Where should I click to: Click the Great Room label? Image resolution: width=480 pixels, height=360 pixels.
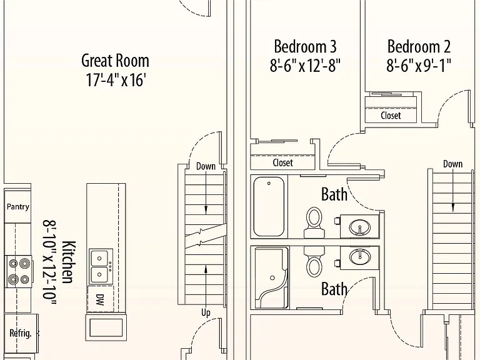[115, 61]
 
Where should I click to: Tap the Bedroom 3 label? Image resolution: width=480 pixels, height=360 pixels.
[305, 46]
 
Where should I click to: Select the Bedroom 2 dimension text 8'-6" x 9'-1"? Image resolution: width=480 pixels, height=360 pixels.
[419, 65]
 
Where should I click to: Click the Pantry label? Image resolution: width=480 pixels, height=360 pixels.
[18, 207]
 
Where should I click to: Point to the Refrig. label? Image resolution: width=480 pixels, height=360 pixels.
[21, 333]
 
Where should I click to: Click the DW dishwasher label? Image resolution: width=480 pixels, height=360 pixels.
[100, 300]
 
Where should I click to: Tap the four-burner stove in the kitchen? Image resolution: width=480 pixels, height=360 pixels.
[19, 271]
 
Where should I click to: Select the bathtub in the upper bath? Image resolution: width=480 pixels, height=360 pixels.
[269, 207]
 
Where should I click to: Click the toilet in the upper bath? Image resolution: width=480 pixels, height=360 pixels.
[314, 222]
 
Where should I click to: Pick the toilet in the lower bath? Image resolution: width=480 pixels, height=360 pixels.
[314, 261]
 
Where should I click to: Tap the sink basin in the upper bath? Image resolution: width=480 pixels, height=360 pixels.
[360, 227]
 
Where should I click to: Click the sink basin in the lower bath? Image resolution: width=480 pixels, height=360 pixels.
[360, 256]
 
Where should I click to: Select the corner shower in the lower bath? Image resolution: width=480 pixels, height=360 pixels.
[271, 277]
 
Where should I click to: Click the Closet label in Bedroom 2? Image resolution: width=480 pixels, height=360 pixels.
[391, 116]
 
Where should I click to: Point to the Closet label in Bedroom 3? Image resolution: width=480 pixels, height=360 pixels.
[283, 162]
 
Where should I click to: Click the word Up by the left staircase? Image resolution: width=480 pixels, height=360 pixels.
[206, 312]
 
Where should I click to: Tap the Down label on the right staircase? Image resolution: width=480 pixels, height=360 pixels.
[452, 164]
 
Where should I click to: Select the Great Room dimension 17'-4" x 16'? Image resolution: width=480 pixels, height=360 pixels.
[115, 80]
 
